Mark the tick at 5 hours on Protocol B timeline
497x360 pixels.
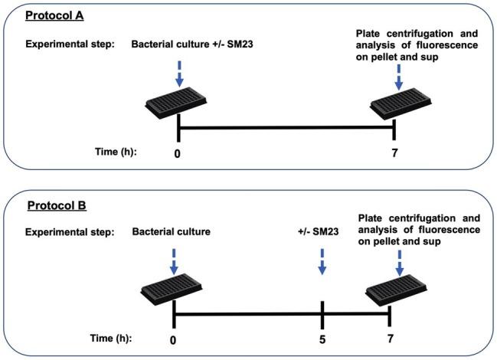click(x=322, y=313)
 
